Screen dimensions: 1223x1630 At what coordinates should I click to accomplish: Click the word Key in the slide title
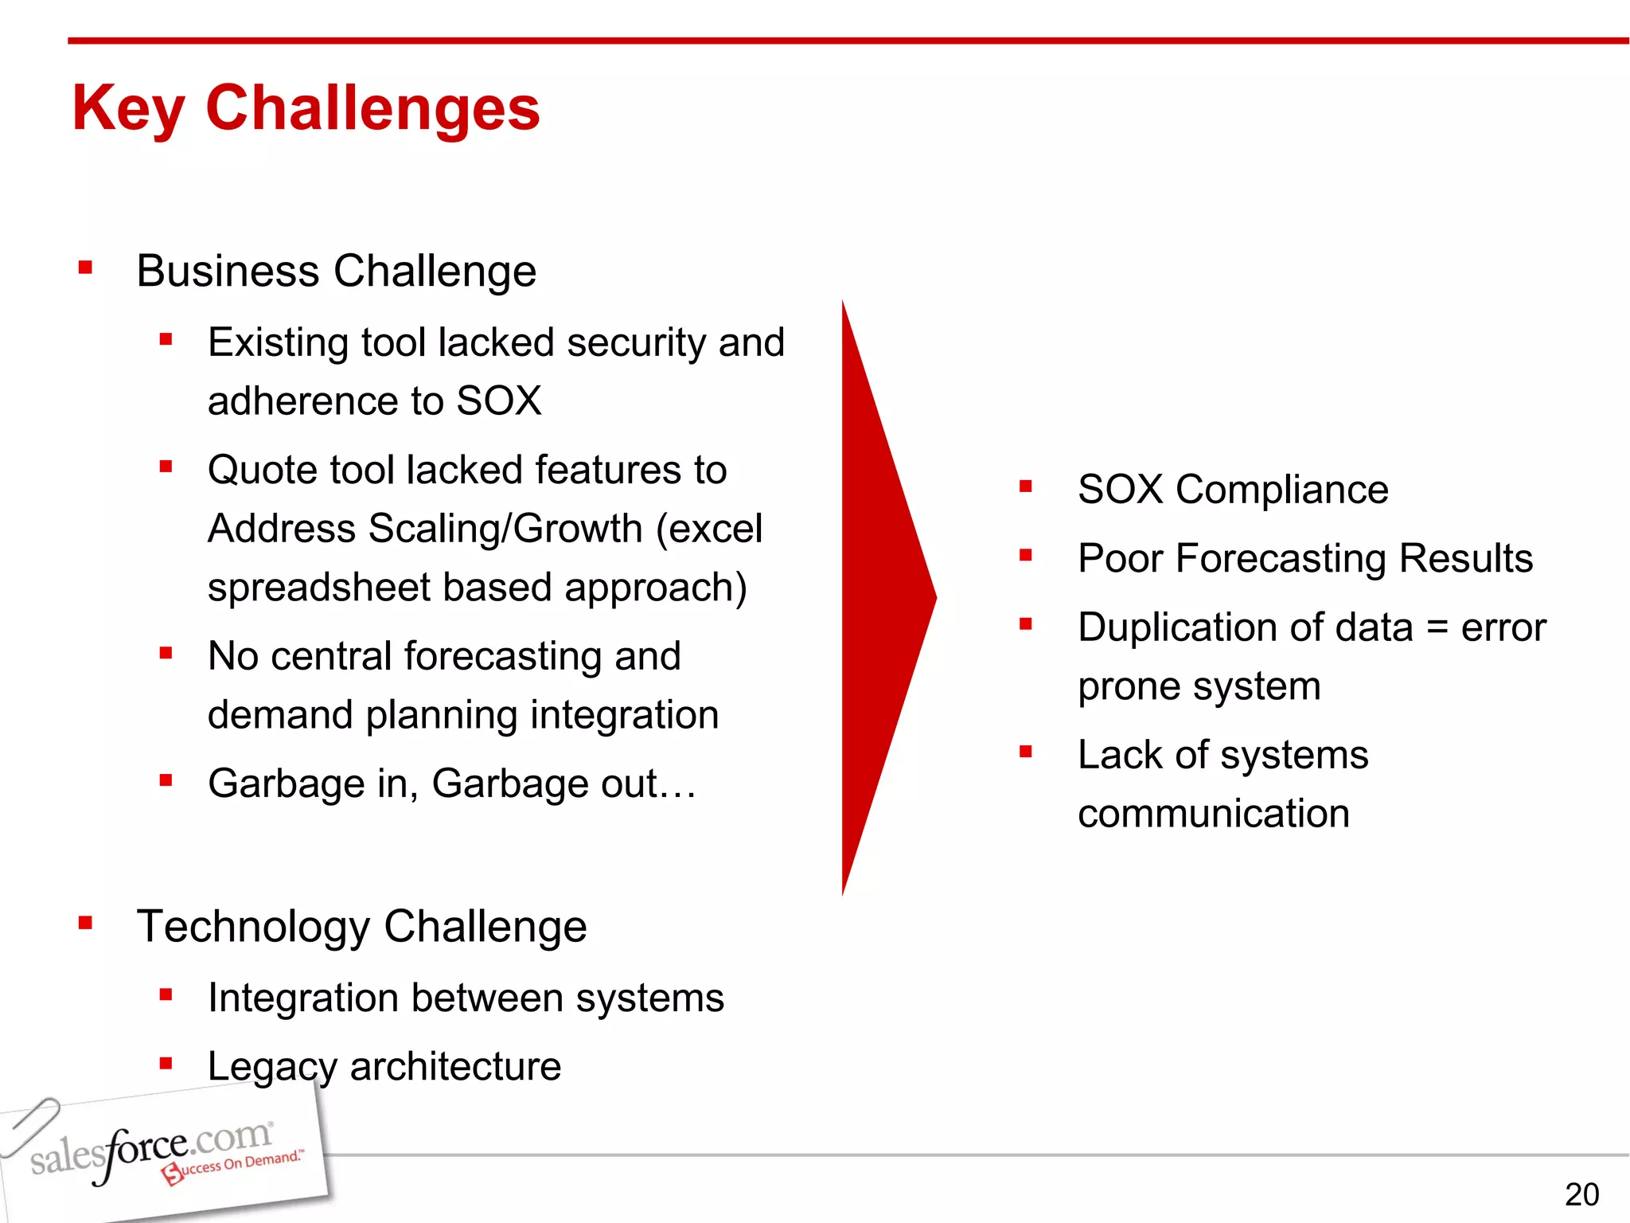click(x=128, y=109)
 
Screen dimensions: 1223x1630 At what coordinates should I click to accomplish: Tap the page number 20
click(x=1581, y=1194)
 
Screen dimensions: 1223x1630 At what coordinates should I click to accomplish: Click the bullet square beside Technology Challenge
click(x=86, y=923)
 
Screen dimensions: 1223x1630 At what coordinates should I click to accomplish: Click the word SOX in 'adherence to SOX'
click(x=498, y=400)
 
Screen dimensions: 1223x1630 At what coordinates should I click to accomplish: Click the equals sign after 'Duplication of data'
click(x=1437, y=627)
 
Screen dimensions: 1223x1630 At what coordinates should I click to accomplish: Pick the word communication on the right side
click(x=1213, y=813)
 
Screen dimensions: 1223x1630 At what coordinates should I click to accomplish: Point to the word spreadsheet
click(x=318, y=588)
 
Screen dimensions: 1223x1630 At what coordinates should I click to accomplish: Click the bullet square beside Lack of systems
click(x=1025, y=751)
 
